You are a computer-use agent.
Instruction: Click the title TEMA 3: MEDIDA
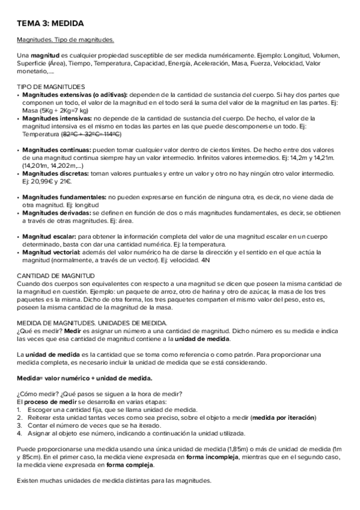tap(49, 23)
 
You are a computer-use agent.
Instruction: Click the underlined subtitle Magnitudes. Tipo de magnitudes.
tap(65, 40)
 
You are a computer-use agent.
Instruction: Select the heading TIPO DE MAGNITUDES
tap(50, 87)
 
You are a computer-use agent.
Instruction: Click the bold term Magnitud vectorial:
tap(52, 252)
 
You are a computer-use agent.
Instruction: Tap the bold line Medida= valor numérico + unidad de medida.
tap(84, 378)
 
